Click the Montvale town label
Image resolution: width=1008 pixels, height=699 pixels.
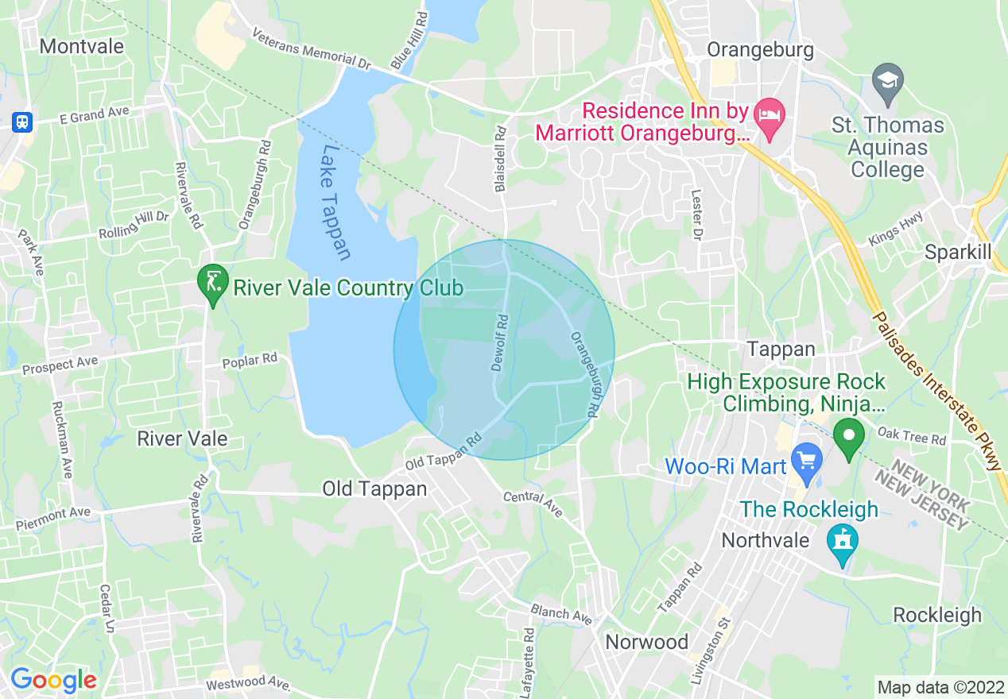pyautogui.click(x=82, y=46)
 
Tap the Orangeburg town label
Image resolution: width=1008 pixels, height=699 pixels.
pyautogui.click(x=760, y=50)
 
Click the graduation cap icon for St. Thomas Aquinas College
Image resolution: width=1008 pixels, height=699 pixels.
pyautogui.click(x=887, y=80)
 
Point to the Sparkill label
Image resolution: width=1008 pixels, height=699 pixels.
pyautogui.click(x=958, y=252)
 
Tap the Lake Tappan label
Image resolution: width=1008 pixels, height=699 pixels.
pyautogui.click(x=336, y=202)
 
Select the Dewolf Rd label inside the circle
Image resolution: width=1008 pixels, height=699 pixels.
pyautogui.click(x=499, y=343)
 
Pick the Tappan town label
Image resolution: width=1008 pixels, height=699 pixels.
pyautogui.click(x=781, y=349)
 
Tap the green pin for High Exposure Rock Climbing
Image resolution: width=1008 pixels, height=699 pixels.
pyautogui.click(x=849, y=436)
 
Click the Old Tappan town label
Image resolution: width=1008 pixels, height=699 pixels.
pyautogui.click(x=374, y=489)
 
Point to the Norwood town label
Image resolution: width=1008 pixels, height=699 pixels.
pyautogui.click(x=646, y=641)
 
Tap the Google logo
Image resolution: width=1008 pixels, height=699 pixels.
pyautogui.click(x=53, y=680)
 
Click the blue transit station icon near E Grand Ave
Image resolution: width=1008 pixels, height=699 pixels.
pyautogui.click(x=22, y=122)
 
